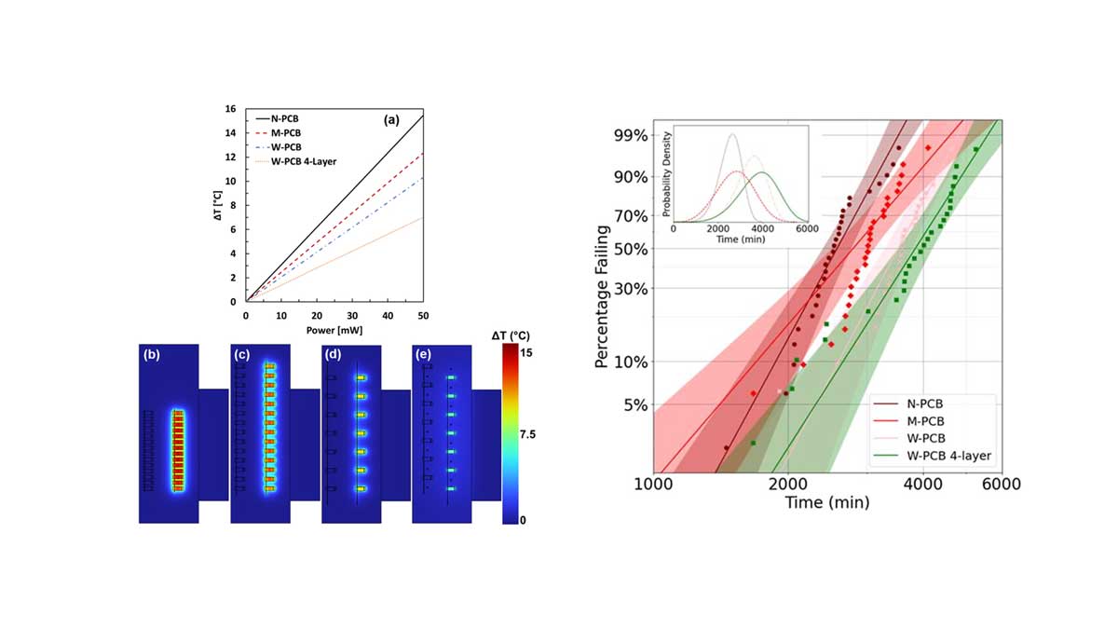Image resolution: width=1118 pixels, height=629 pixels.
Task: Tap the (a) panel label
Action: point(392,120)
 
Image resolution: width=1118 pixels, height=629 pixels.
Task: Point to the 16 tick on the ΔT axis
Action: point(229,109)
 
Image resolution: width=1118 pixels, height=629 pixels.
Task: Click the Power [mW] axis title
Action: point(334,329)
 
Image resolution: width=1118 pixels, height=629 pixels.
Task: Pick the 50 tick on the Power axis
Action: point(424,315)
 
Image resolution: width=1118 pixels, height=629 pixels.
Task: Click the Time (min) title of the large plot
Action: point(826,503)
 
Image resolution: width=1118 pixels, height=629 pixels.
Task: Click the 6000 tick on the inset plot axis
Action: point(807,228)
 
